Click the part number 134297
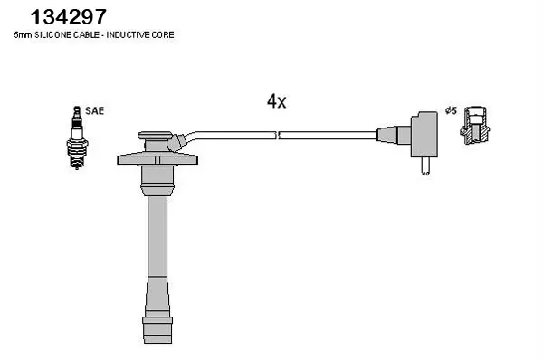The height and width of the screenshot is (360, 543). pos(68,17)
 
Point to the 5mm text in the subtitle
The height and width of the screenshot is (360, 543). pos(23,35)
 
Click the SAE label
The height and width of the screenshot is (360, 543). pos(94,110)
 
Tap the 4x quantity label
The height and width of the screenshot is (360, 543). pos(276,101)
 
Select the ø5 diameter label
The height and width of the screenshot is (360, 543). pos(452,110)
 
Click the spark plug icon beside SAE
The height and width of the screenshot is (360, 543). pos(77,137)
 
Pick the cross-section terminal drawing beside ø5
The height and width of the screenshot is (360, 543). pos(475,125)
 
